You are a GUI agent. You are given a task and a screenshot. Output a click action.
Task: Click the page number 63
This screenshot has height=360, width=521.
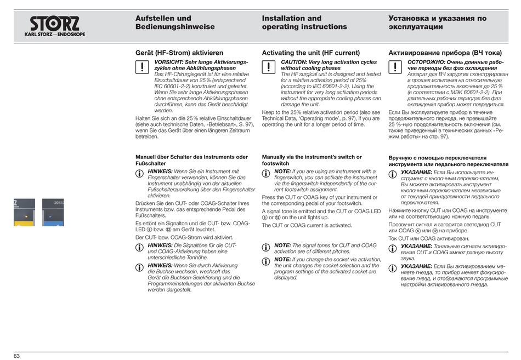pyautogui.click(x=17, y=356)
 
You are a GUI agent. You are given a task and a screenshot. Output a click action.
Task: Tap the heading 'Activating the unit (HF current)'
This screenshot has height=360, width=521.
pyautogui.click(x=311, y=53)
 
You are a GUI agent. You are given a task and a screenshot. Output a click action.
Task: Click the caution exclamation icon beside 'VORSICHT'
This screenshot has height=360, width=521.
pyautogui.click(x=141, y=67)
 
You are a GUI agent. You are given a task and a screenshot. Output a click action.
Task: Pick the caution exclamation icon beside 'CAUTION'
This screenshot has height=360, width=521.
pyautogui.click(x=268, y=67)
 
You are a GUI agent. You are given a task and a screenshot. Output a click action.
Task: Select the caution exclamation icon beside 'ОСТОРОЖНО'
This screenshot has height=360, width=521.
pyautogui.click(x=395, y=67)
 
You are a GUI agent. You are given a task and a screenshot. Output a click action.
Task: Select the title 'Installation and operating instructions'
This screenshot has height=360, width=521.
pyautogui.click(x=304, y=22)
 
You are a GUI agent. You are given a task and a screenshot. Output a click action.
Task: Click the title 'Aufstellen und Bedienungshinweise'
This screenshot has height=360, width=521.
pyautogui.click(x=175, y=22)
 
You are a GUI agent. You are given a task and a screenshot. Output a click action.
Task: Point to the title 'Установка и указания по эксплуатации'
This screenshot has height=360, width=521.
pyautogui.click(x=437, y=22)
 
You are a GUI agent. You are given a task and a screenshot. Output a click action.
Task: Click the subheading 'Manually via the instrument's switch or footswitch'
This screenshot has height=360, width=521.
pyautogui.click(x=312, y=160)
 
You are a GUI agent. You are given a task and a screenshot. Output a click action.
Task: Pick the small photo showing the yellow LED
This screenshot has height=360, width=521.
pyautogui.click(x=24, y=213)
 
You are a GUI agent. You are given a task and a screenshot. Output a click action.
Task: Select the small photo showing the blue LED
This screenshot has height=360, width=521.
pyautogui.click(x=53, y=213)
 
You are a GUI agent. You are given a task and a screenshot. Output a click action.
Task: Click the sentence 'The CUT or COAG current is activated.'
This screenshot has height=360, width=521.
pyautogui.click(x=307, y=225)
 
